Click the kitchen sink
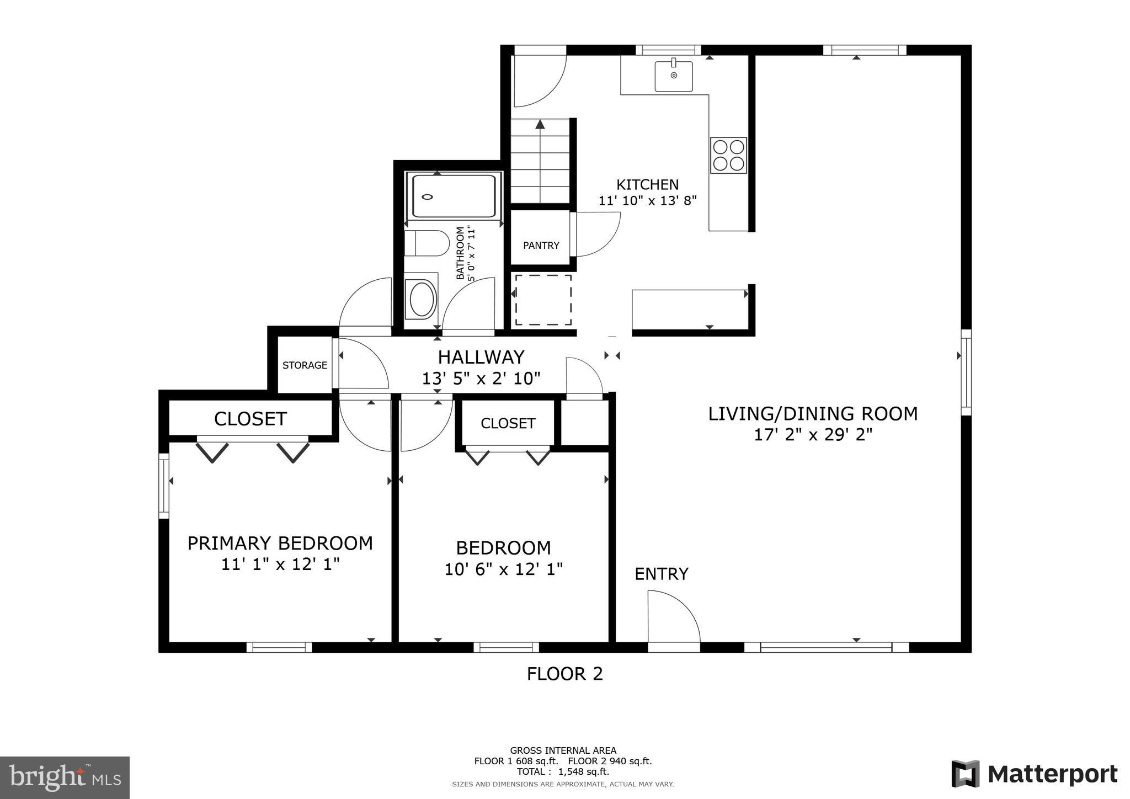pos(674,76)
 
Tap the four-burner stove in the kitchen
pos(728,155)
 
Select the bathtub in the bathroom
pos(454,196)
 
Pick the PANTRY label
pos(541,246)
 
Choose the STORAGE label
pos(305,365)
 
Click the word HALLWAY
pos(481,358)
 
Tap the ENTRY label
pos(662,574)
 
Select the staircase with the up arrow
pos(540,161)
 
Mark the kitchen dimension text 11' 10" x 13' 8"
pos(648,201)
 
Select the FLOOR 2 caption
pos(565,674)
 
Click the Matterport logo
pos(1035,775)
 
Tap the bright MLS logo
pos(65,778)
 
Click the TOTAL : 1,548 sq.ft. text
pos(563,771)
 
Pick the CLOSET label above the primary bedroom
pos(250,419)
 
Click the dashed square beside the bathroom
pos(543,300)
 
